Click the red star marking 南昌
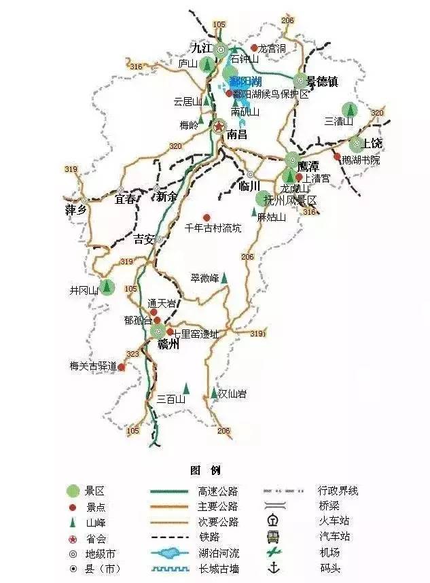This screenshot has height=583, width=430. (x=219, y=126)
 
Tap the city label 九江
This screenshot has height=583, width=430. (x=201, y=48)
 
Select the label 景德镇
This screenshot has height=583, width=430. (x=322, y=82)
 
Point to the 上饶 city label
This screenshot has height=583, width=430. (x=373, y=143)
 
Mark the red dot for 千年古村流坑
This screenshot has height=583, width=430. (x=207, y=217)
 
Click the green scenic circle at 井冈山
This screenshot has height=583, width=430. (x=106, y=287)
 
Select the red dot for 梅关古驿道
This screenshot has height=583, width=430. (x=122, y=367)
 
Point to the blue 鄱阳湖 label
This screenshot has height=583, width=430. (x=244, y=82)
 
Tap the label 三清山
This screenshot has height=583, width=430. (x=339, y=122)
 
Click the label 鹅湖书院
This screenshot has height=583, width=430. (x=361, y=160)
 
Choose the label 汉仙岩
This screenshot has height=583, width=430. (x=232, y=393)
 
